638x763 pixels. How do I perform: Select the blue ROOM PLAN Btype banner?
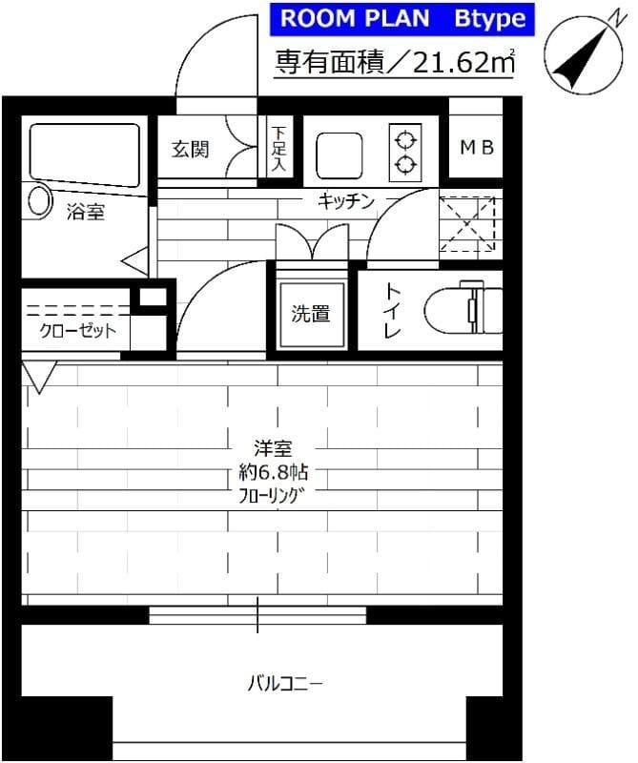coord(401,19)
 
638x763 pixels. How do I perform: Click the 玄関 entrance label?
coord(191,150)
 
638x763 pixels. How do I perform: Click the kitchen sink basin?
coord(339,154)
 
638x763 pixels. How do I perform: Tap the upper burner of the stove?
coord(406,140)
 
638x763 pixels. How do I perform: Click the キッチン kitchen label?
coord(345,200)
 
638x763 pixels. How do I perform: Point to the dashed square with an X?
coord(469,224)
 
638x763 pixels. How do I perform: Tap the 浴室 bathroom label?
coord(85,213)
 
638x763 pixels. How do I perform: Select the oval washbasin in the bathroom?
coord(39,199)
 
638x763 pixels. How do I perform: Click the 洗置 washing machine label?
coord(311,312)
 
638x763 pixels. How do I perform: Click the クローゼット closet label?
coord(77,331)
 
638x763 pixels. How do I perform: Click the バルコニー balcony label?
coord(286,683)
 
